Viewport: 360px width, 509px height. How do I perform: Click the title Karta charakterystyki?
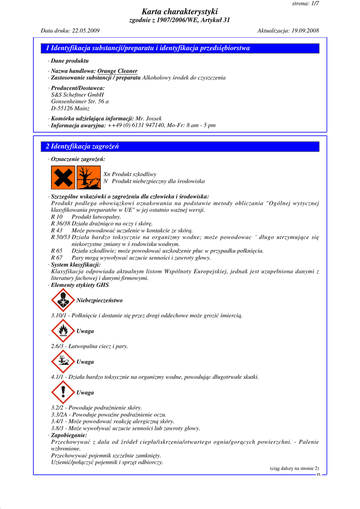180,11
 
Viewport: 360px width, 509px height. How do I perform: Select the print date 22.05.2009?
86,30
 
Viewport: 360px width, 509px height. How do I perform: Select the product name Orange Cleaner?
117,71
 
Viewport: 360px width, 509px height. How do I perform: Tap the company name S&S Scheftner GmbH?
77,94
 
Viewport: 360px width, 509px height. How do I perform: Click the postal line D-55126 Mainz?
70,108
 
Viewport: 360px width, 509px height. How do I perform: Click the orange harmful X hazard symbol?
63,177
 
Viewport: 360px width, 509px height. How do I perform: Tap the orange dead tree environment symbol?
89,177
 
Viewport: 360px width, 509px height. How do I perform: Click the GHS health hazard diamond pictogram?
63,300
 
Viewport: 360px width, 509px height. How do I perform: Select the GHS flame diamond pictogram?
63,331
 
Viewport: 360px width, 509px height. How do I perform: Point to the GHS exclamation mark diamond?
63,393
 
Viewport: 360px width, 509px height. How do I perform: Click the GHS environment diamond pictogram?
63,362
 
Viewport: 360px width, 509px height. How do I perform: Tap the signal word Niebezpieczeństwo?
99,301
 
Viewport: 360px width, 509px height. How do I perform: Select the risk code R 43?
57,231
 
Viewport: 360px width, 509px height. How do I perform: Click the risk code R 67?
57,257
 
